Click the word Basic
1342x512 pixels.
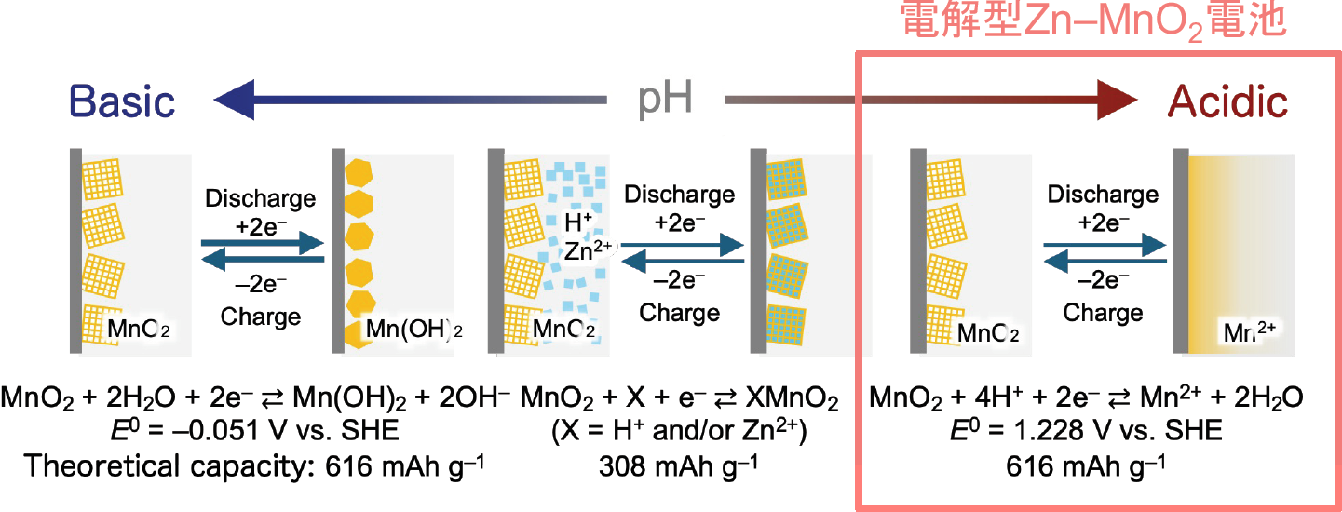pyautogui.click(x=122, y=101)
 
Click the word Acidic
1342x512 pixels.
pyautogui.click(x=1227, y=101)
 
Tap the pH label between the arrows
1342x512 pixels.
pyautogui.click(x=665, y=98)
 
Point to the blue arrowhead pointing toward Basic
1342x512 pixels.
pyautogui.click(x=234, y=100)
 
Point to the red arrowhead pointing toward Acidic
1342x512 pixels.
pyautogui.click(x=1118, y=100)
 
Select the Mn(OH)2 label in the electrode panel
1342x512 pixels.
pyautogui.click(x=414, y=329)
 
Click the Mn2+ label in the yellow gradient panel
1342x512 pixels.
pyautogui.click(x=1249, y=331)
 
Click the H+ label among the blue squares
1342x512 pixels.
pyautogui.click(x=578, y=222)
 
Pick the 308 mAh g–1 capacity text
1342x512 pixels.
pyautogui.click(x=678, y=465)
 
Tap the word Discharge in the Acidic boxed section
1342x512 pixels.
pyautogui.click(x=1103, y=195)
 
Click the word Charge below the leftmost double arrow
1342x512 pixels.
pyautogui.click(x=260, y=317)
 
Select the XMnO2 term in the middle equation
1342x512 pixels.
pyautogui.click(x=792, y=397)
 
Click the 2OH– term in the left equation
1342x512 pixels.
pyautogui.click(x=474, y=397)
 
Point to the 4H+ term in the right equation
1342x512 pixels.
pyautogui.click(x=1011, y=397)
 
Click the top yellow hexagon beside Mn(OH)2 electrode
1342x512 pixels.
pyautogui.click(x=359, y=172)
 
